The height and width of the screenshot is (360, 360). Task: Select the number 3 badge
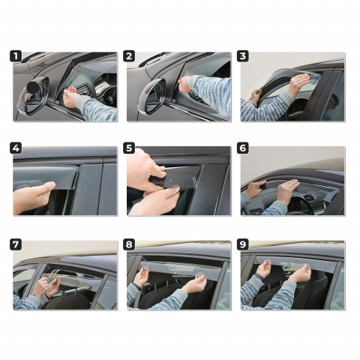click(243, 56)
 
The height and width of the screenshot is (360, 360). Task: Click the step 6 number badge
click(243, 148)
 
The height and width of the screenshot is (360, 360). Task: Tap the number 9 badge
click(243, 244)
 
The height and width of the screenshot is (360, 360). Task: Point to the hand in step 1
click(71, 97)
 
